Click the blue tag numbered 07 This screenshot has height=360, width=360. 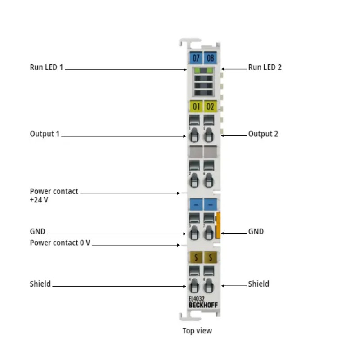[196, 58]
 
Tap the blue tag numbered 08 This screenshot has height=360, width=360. [210, 58]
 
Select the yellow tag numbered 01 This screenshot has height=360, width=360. [196, 107]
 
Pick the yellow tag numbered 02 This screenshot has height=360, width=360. [210, 107]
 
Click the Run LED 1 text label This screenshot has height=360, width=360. [46, 67]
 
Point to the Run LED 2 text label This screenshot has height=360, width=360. [265, 67]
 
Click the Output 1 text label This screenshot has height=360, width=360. [45, 134]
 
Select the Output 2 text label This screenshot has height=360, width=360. [263, 134]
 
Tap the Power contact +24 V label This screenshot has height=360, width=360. [54, 195]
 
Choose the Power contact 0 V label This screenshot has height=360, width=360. [60, 243]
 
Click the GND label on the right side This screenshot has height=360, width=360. [256, 231]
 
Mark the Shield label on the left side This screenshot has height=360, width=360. [40, 284]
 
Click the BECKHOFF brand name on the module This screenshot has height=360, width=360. [203, 305]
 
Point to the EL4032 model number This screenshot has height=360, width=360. [197, 298]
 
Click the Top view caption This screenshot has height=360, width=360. [197, 331]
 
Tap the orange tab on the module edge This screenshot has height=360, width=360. [218, 225]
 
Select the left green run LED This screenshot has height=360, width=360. [197, 71]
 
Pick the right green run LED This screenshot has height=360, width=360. [210, 71]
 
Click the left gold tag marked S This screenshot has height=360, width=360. [196, 257]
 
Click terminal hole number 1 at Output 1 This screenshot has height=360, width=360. [194, 135]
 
